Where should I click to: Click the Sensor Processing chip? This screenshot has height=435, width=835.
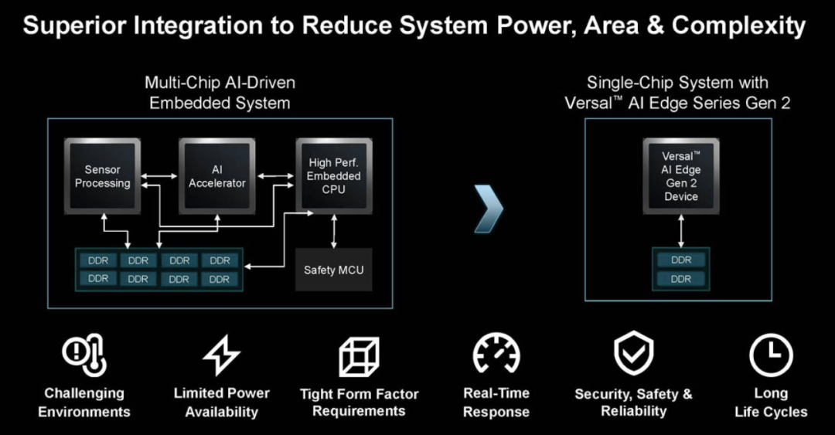[102, 176]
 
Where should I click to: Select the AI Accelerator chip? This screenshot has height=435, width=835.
[217, 176]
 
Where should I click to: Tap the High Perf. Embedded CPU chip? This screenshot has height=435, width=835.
[334, 176]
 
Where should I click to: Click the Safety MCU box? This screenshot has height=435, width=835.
[334, 270]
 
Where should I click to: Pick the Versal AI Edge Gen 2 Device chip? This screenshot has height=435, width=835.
[680, 176]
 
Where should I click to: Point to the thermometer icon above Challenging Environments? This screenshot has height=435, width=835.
[84, 356]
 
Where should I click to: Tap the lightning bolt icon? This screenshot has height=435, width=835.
[221, 356]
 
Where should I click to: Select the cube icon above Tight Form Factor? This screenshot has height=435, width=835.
[359, 357]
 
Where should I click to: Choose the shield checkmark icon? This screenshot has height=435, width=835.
[633, 355]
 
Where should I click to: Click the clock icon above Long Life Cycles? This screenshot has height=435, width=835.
[771, 355]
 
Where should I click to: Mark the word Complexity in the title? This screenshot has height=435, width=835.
[738, 25]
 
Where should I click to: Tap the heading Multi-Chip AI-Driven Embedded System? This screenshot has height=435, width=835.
[220, 92]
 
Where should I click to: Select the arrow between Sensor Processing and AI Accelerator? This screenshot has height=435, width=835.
[159, 177]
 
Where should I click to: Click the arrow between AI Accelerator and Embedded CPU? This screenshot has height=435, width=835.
[275, 177]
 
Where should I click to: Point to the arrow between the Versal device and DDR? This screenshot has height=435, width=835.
[681, 230]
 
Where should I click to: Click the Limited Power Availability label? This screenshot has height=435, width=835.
[221, 403]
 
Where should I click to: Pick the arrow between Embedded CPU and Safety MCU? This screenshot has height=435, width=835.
[334, 230]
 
